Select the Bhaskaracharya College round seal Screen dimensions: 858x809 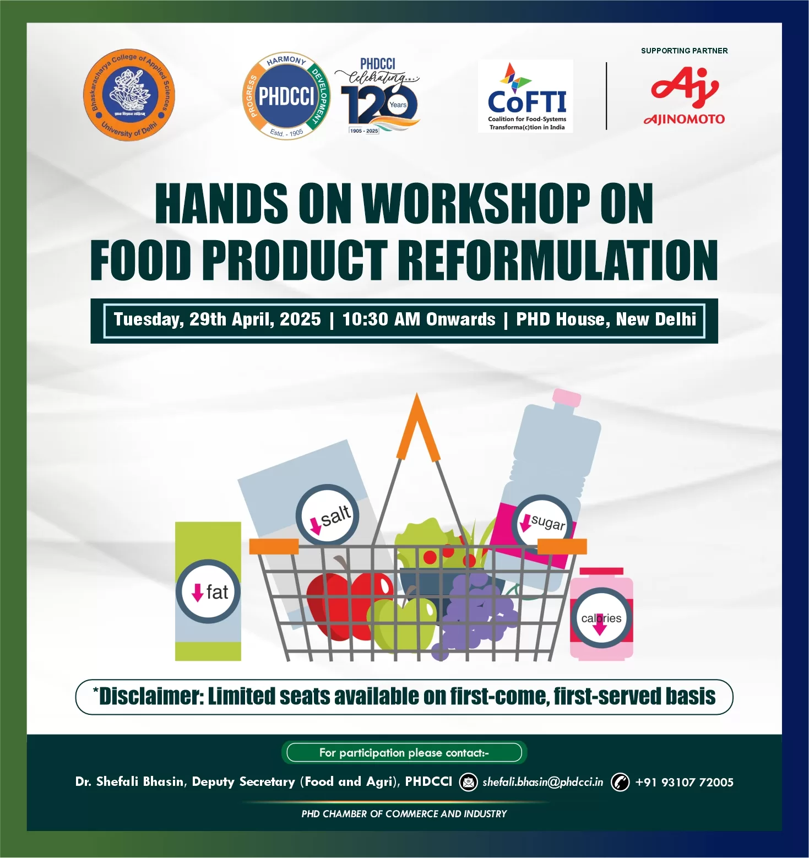[129, 95]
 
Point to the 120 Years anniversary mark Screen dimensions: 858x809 [380, 99]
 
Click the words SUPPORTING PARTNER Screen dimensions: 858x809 [684, 51]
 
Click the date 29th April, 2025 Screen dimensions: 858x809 [255, 319]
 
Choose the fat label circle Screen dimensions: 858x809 [208, 592]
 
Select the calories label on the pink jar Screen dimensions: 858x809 [601, 618]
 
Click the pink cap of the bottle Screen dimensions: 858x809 [566, 398]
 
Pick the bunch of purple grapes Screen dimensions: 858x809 [474, 611]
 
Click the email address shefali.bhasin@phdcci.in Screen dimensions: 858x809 [542, 782]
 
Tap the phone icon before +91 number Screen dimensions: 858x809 [620, 782]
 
